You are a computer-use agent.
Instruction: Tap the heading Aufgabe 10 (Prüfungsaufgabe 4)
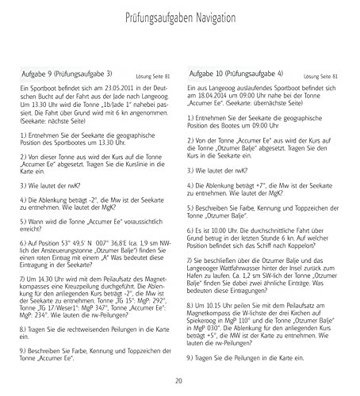click(241, 74)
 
